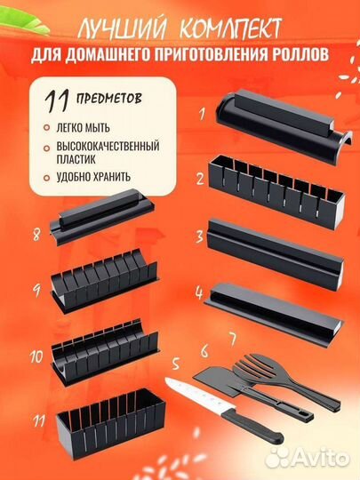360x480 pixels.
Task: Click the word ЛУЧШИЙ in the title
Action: (x=123, y=29)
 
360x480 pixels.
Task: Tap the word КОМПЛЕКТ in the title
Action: (x=230, y=28)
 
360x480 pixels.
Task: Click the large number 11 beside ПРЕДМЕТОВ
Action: (x=56, y=101)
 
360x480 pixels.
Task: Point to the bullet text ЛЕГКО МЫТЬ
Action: (x=83, y=128)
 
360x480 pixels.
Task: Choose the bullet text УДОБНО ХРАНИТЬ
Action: (x=93, y=177)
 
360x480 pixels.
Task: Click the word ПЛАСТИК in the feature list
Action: (x=76, y=159)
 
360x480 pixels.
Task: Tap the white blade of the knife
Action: (x=199, y=395)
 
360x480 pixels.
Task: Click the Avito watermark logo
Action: (x=307, y=458)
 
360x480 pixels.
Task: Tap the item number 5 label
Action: (x=175, y=364)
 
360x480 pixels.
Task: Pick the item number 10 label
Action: (x=36, y=356)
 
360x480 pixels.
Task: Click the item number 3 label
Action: (x=200, y=236)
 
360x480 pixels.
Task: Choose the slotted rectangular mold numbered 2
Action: (x=276, y=192)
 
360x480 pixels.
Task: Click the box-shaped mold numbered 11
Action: (x=110, y=424)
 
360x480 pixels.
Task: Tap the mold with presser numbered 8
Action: (x=102, y=216)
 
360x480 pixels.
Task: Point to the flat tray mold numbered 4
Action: (x=274, y=314)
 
